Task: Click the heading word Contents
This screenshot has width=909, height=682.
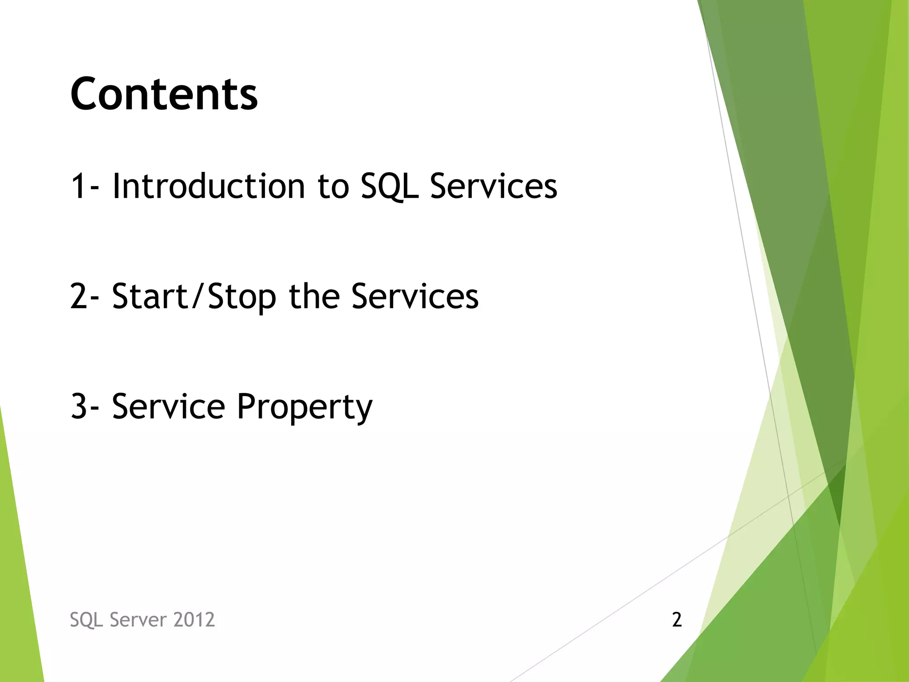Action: pyautogui.click(x=164, y=94)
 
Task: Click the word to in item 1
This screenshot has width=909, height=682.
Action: pyautogui.click(x=333, y=186)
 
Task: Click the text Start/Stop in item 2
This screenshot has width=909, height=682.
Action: pyautogui.click(x=194, y=297)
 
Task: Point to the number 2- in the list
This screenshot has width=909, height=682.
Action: pyautogui.click(x=84, y=297)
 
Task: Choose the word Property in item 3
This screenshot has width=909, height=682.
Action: pyautogui.click(x=304, y=407)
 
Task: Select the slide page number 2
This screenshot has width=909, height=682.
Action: pyautogui.click(x=676, y=620)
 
